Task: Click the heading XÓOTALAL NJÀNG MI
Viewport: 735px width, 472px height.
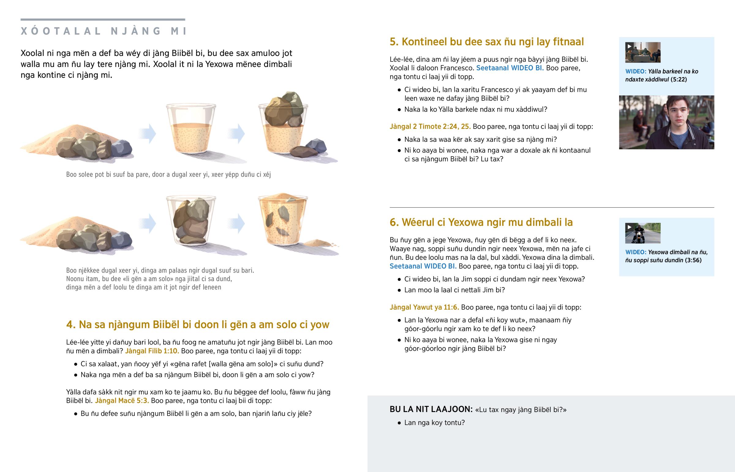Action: tap(104, 31)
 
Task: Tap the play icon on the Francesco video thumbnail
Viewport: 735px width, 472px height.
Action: tap(629, 46)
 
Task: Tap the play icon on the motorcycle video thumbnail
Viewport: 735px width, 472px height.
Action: tap(629, 227)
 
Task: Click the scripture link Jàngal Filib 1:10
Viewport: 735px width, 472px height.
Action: tap(152, 351)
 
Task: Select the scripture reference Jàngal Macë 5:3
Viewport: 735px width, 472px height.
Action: tap(122, 401)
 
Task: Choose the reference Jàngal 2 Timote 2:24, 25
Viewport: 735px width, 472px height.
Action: tap(430, 127)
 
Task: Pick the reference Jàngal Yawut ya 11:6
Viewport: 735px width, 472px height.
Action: tap(424, 307)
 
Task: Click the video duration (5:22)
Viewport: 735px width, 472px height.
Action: tap(679, 80)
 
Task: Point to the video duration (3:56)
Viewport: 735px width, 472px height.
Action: tap(693, 260)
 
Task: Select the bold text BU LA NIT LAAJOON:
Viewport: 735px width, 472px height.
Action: tap(431, 409)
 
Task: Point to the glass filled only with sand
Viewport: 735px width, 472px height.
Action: tap(191, 129)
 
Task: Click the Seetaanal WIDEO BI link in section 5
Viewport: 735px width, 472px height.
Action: tap(510, 68)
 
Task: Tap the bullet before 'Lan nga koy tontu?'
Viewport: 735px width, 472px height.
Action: tap(399, 423)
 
